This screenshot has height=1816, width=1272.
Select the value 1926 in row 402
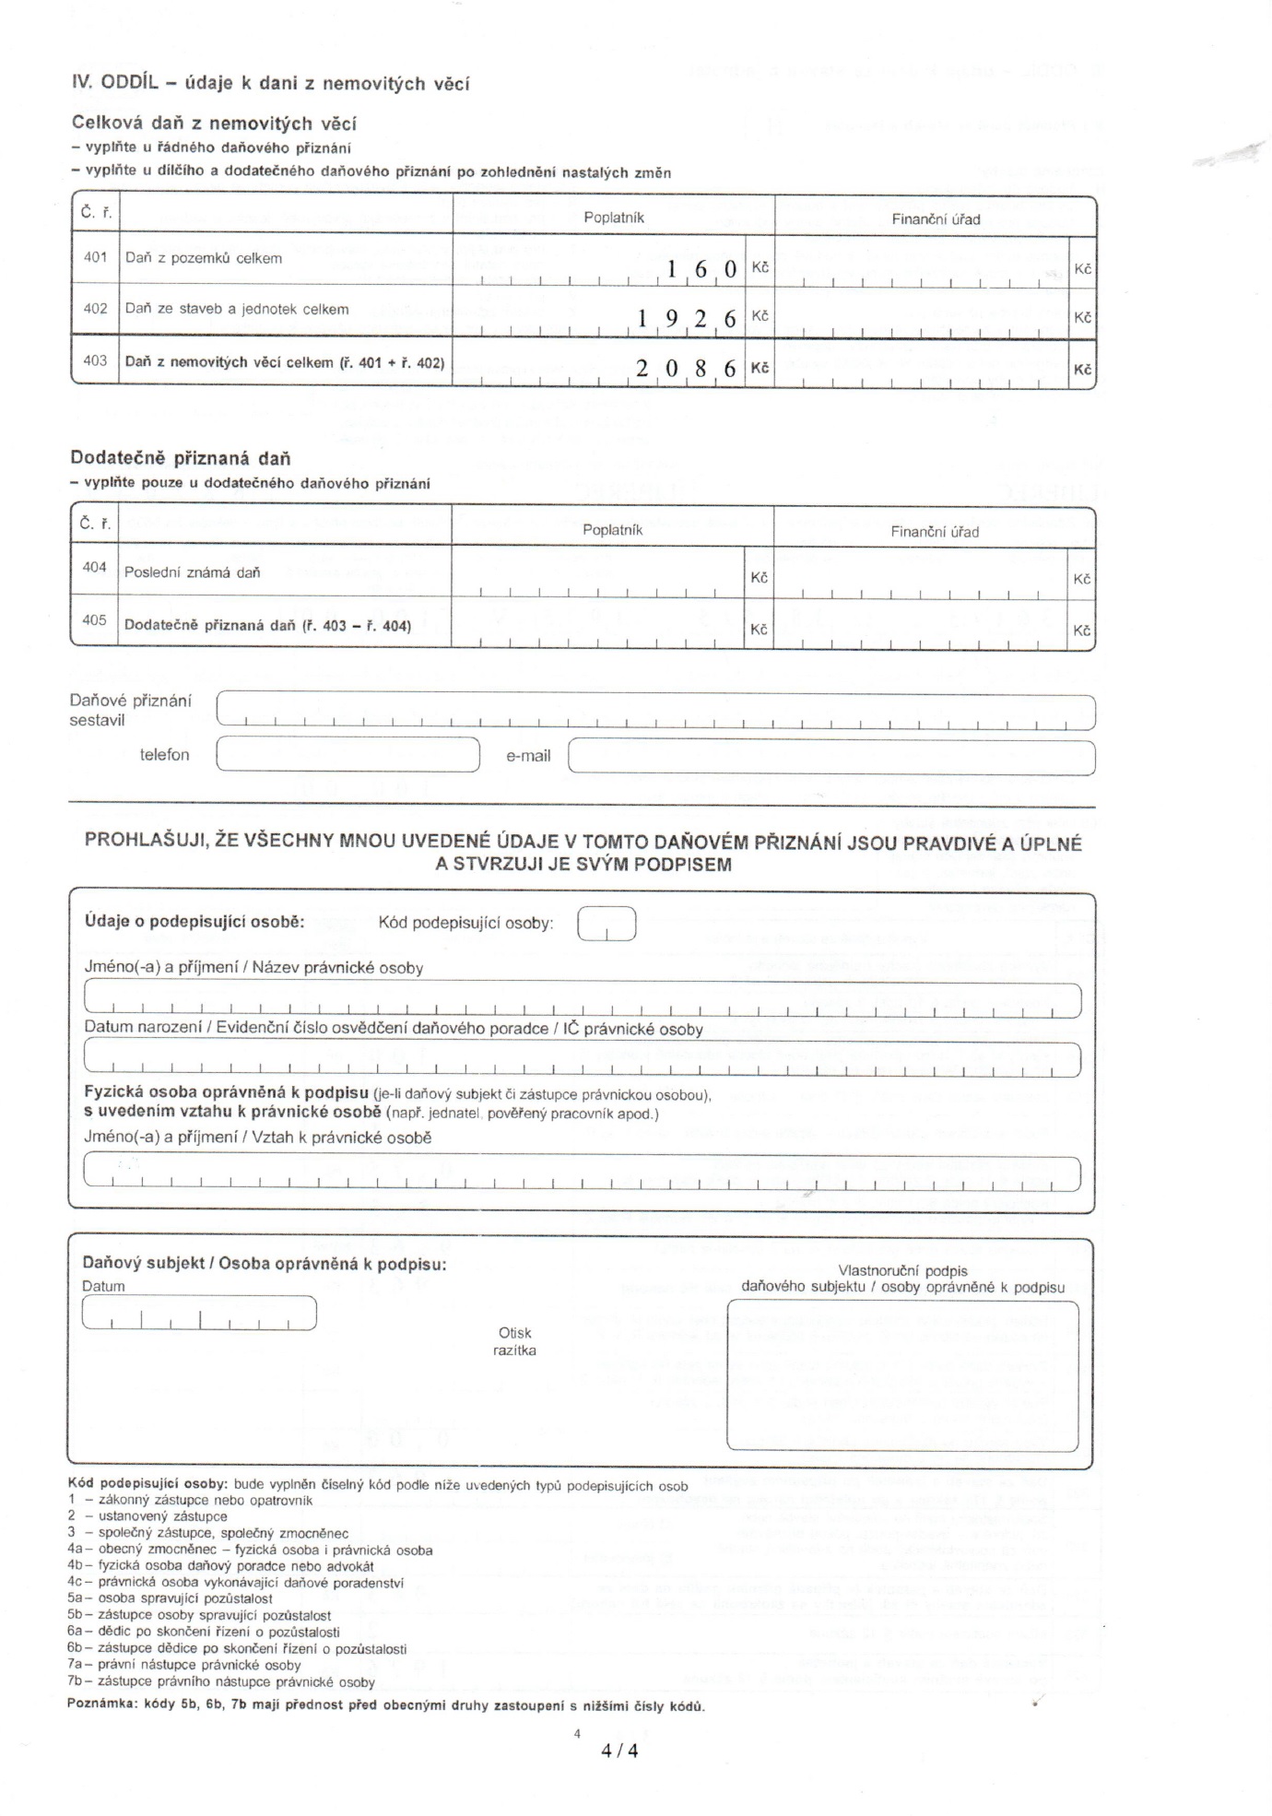(x=687, y=319)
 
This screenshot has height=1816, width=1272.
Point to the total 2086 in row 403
(x=687, y=369)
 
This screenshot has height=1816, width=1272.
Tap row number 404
(x=95, y=567)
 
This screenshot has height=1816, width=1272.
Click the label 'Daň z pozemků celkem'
(x=204, y=258)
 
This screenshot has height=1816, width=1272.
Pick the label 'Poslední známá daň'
(x=193, y=572)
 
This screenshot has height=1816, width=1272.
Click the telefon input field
(x=347, y=755)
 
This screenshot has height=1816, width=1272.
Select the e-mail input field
(x=831, y=756)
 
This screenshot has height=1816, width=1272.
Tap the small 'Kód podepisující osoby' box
(x=606, y=924)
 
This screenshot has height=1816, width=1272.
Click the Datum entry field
(x=199, y=1313)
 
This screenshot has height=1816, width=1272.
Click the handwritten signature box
(x=902, y=1374)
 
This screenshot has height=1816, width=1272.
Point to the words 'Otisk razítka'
(x=515, y=1342)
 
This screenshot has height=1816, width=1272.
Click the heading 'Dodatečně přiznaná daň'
(x=181, y=458)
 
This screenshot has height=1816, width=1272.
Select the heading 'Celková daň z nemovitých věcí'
(x=214, y=124)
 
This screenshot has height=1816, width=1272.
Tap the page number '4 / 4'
(x=619, y=1751)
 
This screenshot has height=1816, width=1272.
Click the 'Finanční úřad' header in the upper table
(x=936, y=219)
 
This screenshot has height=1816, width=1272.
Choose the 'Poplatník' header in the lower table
(x=613, y=530)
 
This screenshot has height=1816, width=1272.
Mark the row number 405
(x=95, y=619)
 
